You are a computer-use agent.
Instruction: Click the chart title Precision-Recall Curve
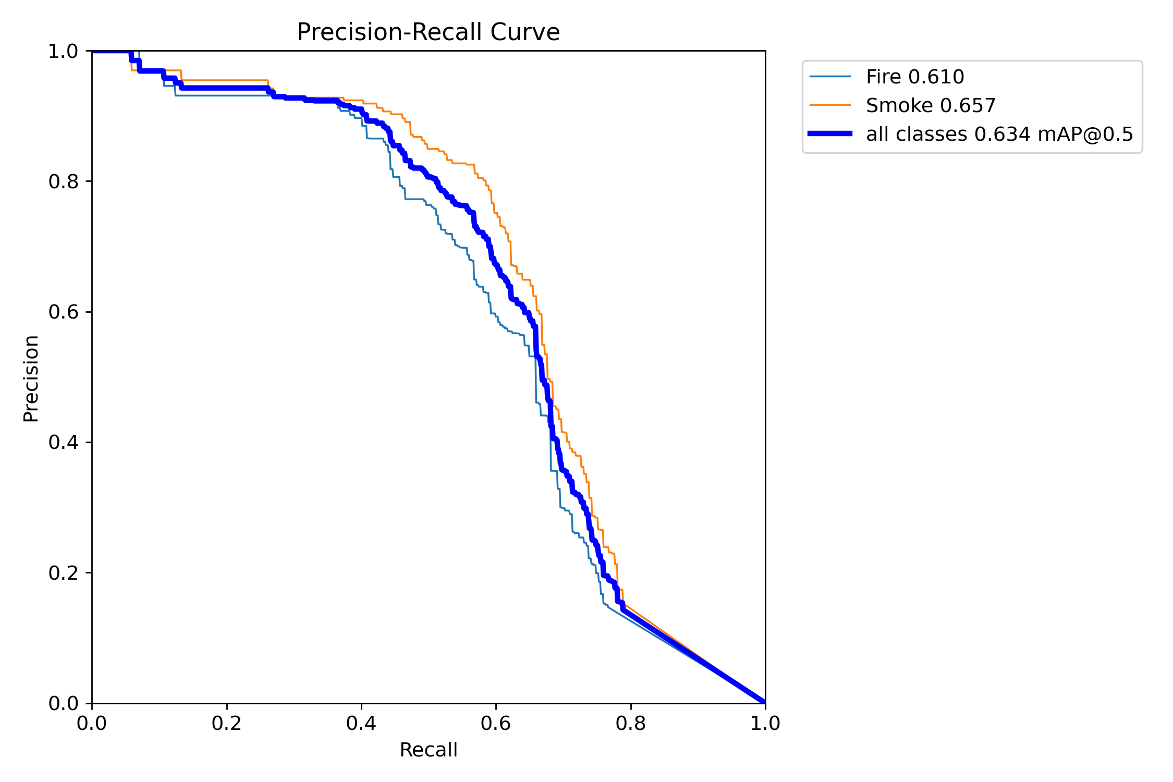(428, 32)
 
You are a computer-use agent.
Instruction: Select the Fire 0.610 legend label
(915, 77)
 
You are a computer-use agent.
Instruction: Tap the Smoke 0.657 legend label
(931, 106)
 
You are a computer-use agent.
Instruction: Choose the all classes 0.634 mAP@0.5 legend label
(999, 135)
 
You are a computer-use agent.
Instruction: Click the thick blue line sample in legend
(830, 134)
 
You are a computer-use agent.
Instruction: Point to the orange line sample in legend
(830, 105)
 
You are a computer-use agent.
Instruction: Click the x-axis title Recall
(428, 750)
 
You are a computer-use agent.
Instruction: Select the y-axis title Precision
(31, 378)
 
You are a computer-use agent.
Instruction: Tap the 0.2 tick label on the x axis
(227, 724)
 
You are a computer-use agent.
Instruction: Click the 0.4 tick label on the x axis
(361, 724)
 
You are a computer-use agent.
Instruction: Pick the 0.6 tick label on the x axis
(496, 724)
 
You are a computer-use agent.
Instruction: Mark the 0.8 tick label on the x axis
(630, 724)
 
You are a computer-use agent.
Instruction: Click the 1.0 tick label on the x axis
(765, 724)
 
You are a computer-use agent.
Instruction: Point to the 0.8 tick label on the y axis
(63, 182)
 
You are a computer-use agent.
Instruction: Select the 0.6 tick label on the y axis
(63, 312)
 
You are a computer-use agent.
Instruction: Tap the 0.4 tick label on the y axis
(63, 443)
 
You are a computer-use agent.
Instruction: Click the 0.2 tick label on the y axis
(63, 573)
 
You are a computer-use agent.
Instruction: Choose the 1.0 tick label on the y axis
(63, 52)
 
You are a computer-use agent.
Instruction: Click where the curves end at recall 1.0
(764, 702)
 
